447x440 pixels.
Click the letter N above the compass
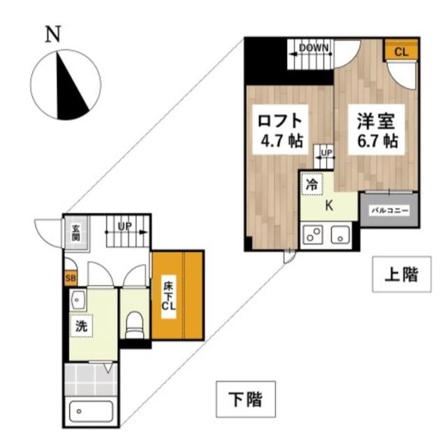tap(53, 34)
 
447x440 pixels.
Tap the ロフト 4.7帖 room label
tap(281, 130)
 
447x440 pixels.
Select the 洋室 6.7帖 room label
tap(376, 130)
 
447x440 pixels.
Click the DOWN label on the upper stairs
tap(314, 47)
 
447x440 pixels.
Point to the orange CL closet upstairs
tap(401, 50)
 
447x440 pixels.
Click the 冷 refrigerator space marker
tap(312, 184)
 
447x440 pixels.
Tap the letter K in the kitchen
tap(329, 206)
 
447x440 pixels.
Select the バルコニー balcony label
tap(390, 211)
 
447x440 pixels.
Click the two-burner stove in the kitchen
tap(313, 234)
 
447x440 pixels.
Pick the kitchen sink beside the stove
tap(340, 234)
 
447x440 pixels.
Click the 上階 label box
tap(402, 274)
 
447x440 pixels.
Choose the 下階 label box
tap(246, 399)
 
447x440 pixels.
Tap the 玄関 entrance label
tap(76, 233)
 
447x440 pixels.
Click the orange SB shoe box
tap(71, 278)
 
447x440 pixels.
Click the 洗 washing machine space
tap(81, 326)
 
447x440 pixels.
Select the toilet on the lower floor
tap(135, 325)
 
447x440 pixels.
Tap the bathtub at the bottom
tap(91, 411)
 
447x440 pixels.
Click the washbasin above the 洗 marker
tap(78, 300)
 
